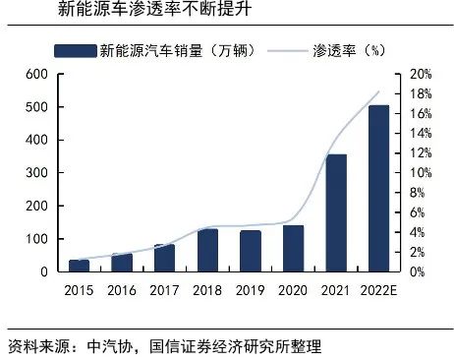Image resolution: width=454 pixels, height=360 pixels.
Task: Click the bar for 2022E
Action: pos(378,188)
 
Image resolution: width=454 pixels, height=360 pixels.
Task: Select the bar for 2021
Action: pos(335,212)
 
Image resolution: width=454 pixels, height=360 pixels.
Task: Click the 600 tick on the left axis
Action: pos(36,74)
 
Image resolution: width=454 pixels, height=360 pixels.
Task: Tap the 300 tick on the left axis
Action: pos(36,173)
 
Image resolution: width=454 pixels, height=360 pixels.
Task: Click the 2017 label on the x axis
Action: pos(164,291)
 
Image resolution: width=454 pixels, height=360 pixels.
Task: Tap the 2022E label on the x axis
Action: pos(378,291)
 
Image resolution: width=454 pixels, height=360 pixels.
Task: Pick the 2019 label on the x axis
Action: pos(250,291)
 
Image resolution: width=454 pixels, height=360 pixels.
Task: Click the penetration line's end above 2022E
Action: pos(379,91)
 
